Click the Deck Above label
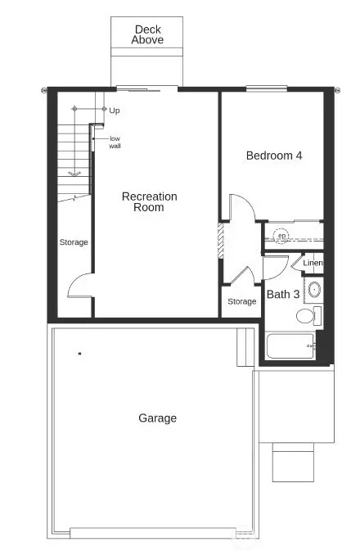148,34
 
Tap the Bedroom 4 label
274,155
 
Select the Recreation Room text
149,202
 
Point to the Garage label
157,418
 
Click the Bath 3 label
282,294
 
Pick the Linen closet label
313,263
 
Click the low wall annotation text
115,142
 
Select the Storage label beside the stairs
74,242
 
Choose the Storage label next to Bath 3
241,301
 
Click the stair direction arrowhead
73,173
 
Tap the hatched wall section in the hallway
220,242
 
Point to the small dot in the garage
79,354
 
